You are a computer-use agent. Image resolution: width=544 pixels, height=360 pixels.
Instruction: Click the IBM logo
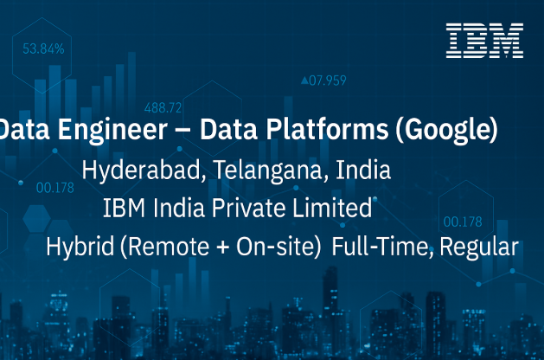[484, 41]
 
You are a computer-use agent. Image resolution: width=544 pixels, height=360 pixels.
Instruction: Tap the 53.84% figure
[43, 49]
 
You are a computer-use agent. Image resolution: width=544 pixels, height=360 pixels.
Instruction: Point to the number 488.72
[163, 108]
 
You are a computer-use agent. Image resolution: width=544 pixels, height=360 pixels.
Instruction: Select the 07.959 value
[328, 80]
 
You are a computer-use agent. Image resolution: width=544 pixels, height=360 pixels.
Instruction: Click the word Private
[248, 208]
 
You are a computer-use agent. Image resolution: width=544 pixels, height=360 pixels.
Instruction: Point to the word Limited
[332, 208]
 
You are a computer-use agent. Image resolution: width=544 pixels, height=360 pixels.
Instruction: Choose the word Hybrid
[80, 247]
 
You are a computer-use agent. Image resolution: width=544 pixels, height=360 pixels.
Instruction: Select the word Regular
[479, 247]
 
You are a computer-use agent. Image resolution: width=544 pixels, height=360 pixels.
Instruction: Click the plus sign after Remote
[223, 247]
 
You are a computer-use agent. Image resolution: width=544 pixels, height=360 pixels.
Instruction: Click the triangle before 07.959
[304, 80]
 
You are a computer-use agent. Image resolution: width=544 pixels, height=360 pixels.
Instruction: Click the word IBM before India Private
[125, 208]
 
